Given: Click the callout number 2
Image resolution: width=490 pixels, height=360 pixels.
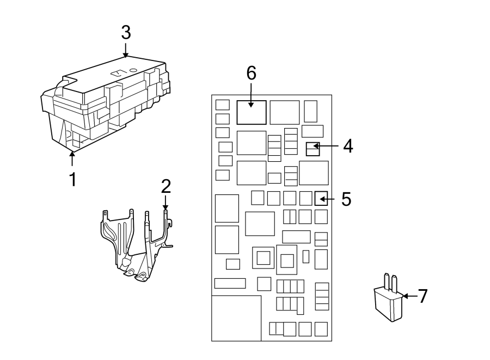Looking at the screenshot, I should coord(166,187).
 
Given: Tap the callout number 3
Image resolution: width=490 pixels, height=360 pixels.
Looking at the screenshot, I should coord(126,33).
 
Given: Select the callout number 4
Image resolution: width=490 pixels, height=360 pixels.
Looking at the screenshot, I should coord(347,146).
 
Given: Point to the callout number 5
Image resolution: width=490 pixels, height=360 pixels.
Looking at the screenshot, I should coord(346,199).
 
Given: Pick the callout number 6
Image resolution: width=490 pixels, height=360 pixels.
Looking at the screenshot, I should coord(251,73).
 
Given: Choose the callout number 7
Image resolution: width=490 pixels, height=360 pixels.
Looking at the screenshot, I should coord(422,296).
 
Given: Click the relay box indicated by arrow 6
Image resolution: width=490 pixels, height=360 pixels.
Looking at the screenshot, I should coord(252,112).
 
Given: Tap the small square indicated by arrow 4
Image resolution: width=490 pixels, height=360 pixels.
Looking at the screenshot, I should coord(313,149).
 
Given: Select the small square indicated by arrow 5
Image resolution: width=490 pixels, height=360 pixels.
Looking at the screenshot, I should coord(321,199).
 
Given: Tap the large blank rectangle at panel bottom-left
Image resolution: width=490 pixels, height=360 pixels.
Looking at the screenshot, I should coord(235,318).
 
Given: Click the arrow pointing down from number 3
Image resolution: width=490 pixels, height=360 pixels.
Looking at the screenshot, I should coord(126,50).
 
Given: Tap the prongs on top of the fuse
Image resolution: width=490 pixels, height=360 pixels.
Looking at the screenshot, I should coord(390,281).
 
